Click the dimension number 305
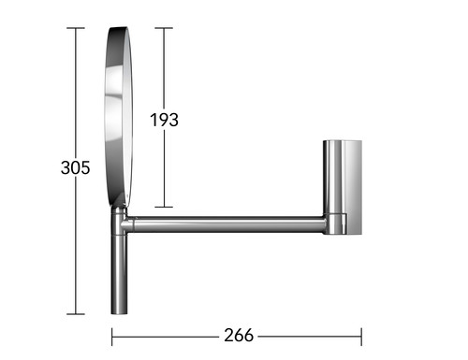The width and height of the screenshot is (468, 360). [76, 167]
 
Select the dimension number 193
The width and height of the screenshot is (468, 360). [164, 120]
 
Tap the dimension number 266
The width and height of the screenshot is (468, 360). [239, 336]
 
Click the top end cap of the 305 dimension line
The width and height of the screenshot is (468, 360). [76, 28]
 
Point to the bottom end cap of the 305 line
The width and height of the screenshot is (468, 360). [76, 314]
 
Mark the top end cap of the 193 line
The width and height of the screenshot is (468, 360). [164, 28]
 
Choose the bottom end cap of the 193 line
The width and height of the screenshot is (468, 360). [164, 207]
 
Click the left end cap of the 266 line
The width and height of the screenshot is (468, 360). [112, 337]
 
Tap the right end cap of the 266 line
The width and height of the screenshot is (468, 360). [361, 337]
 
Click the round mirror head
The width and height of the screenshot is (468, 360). [119, 117]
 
